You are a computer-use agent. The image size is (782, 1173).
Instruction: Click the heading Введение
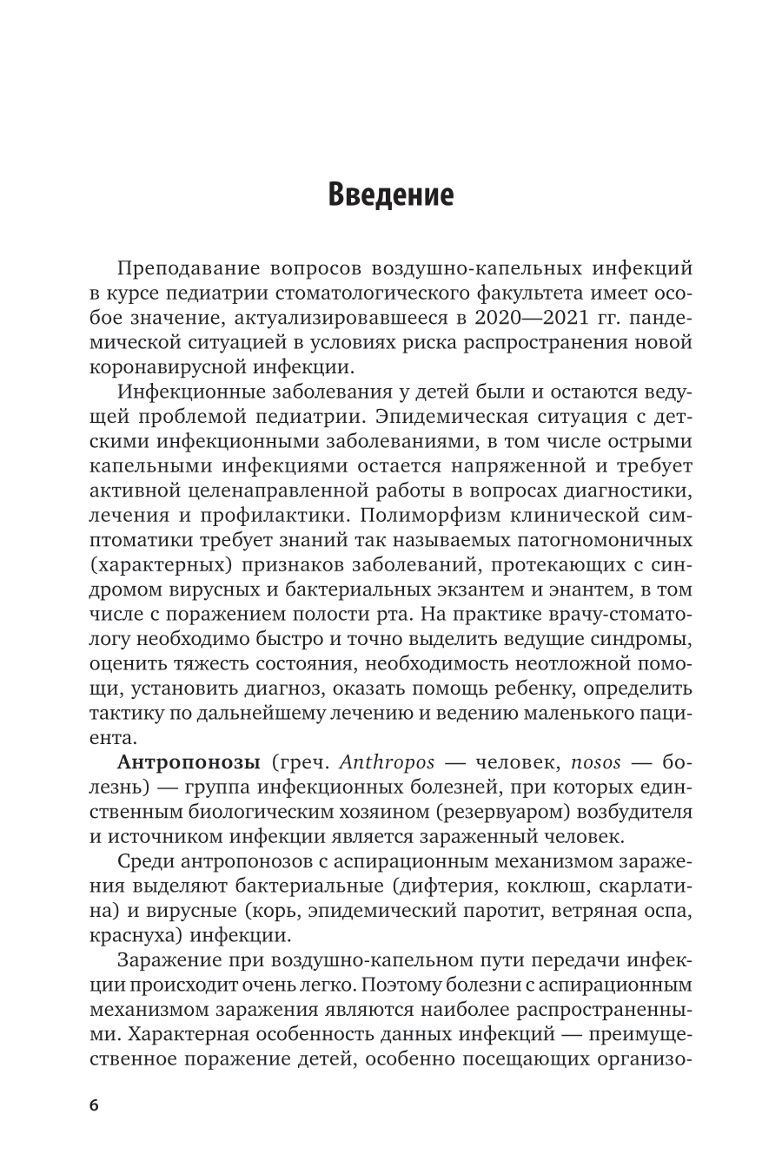tap(390, 194)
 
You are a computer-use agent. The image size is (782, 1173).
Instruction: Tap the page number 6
tap(94, 1105)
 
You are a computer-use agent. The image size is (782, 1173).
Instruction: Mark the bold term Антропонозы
tap(188, 763)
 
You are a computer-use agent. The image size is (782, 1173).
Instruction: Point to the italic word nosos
tap(595, 763)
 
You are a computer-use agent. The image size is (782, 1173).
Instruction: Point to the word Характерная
tap(176, 1035)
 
